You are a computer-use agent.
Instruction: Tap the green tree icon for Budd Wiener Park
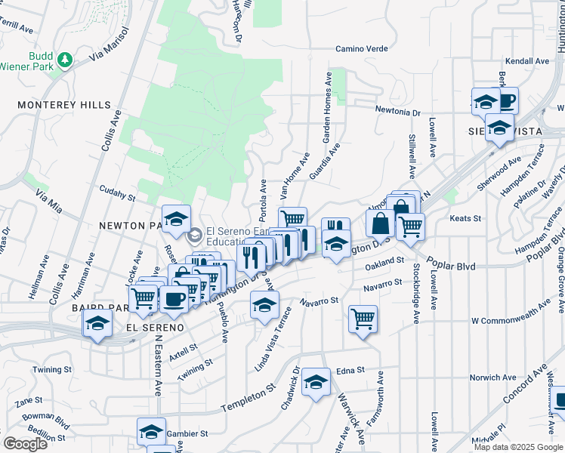(66, 59)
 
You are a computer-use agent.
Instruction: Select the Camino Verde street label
(362, 49)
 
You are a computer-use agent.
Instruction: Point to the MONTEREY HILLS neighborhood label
(64, 105)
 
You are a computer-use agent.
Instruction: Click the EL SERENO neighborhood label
(154, 328)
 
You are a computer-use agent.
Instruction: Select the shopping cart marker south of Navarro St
(363, 319)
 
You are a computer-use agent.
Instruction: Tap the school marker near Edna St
(316, 383)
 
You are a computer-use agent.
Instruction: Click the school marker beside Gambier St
(151, 432)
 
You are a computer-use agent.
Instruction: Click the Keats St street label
(465, 219)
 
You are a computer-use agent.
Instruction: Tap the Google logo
(25, 444)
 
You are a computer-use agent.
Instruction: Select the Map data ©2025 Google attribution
(518, 447)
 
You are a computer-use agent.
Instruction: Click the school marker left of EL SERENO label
(97, 325)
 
